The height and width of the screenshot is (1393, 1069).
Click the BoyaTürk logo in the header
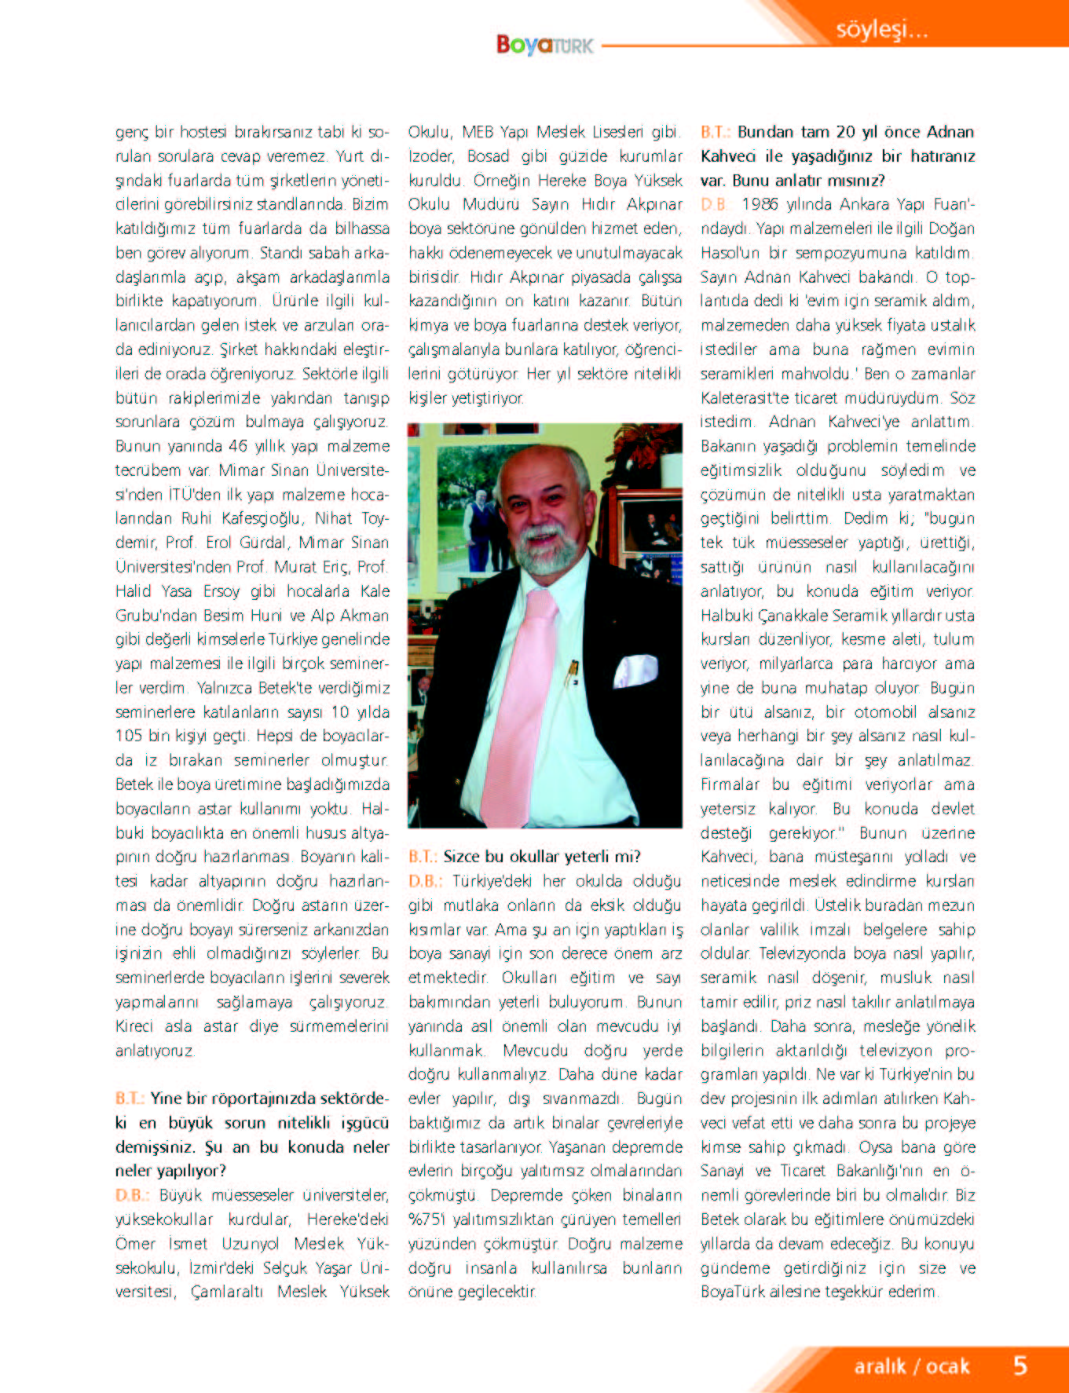coord(544,45)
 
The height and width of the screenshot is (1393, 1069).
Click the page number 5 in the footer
coord(1020,1365)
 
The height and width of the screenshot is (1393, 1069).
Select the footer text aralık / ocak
coord(912,1366)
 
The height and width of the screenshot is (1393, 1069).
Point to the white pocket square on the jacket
coord(635,671)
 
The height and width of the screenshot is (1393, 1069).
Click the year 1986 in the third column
coord(760,204)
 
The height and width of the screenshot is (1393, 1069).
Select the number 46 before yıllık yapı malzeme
coord(238,446)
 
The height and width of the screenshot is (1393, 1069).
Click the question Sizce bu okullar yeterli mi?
coord(542,856)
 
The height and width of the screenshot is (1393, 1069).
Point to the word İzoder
coord(430,156)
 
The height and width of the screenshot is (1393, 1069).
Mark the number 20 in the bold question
coord(845,132)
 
